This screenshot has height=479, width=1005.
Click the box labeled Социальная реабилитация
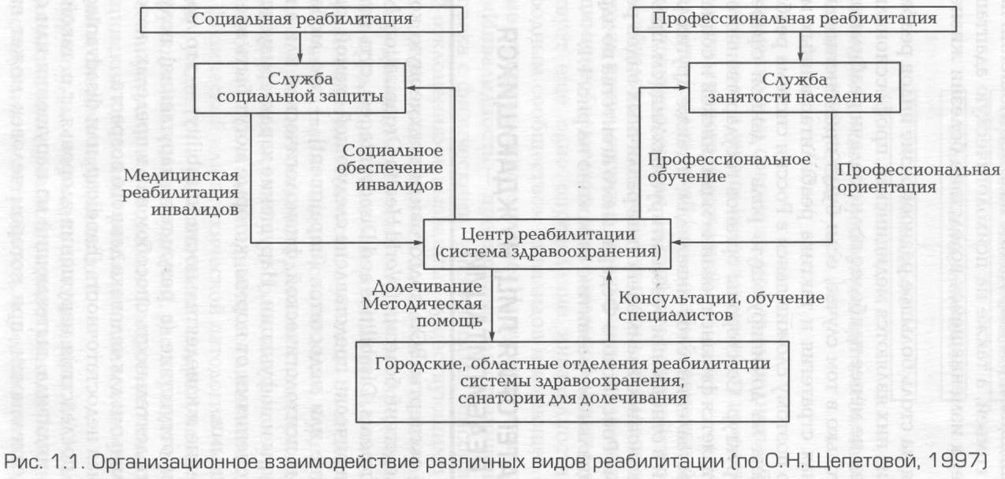(x=300, y=19)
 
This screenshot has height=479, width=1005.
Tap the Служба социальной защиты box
(x=300, y=88)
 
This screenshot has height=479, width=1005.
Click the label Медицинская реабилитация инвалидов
(x=187, y=193)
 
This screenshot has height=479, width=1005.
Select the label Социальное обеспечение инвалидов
(x=392, y=167)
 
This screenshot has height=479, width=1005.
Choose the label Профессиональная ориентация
(x=918, y=180)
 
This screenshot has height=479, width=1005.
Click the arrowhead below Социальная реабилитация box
(x=300, y=56)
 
